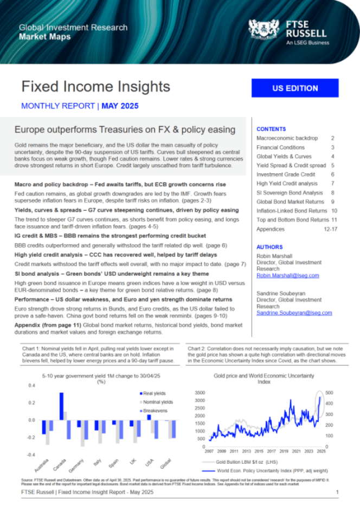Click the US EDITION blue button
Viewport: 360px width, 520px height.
tap(295, 88)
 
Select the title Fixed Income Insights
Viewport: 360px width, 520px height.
tap(95, 87)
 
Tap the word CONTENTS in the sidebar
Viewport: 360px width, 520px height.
tap(271, 129)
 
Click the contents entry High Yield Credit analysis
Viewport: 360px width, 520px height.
tap(287, 184)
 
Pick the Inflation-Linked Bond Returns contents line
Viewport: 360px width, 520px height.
tap(292, 211)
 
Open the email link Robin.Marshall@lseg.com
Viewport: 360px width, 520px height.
tap(287, 276)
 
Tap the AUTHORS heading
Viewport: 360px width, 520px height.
tap(269, 247)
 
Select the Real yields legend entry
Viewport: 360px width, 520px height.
tap(155, 394)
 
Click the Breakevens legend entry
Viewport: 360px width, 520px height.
tap(155, 411)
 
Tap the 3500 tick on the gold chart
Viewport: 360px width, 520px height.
tap(199, 392)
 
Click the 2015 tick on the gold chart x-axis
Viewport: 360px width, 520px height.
tap(258, 451)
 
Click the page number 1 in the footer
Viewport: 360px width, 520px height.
tap(337, 492)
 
